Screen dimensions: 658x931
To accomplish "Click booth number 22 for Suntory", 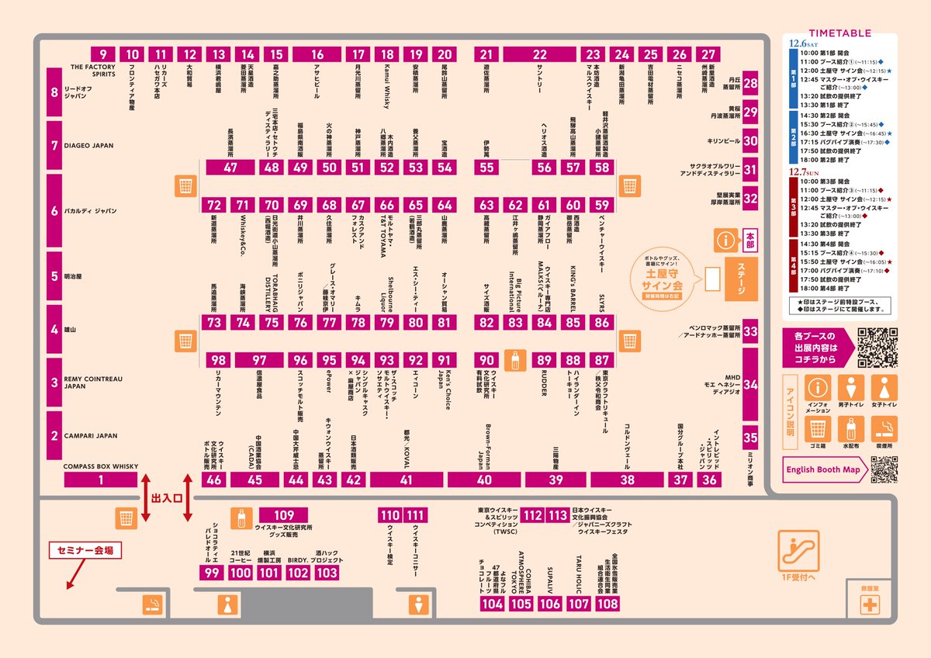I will (539, 54).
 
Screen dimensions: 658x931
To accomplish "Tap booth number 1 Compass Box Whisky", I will (101, 480).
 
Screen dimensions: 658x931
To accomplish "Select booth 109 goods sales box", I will (285, 515).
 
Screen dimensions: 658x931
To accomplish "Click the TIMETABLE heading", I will (839, 33).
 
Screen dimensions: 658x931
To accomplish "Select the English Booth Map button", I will (823, 469).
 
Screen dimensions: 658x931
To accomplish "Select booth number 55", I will (486, 167).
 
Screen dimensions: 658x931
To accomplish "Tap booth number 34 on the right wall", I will (750, 384).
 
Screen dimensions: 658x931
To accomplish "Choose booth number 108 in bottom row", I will (607, 604).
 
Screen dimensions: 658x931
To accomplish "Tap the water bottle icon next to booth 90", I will (514, 360).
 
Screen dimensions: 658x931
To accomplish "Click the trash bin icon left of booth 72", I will (185, 186).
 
